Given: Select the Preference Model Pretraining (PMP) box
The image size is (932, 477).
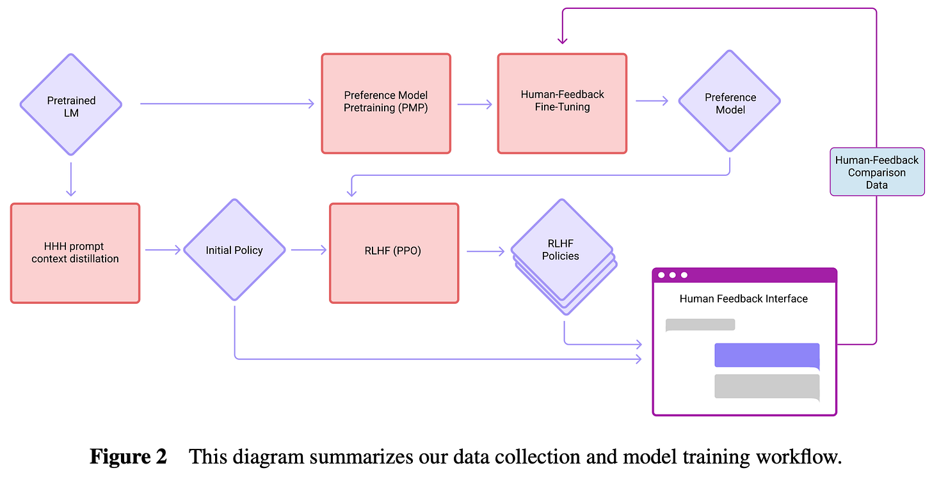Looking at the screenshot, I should point(385,104).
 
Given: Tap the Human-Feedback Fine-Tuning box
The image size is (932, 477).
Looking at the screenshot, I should point(562,104).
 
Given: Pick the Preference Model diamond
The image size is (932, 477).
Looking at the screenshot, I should point(730,104).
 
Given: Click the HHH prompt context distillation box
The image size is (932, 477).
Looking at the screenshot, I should point(75,253).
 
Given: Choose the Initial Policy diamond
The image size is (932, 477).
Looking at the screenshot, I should point(234,250).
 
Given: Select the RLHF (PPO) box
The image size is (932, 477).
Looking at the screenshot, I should point(394,253).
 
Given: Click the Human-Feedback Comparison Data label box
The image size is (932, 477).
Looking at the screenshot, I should point(876,172).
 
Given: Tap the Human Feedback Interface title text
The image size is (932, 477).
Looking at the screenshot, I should point(743,299).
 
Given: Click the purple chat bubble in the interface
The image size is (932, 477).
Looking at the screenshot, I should point(767,356).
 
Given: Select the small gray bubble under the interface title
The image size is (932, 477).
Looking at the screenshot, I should point(700,325).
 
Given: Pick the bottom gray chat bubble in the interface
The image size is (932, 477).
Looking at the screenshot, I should point(767,387).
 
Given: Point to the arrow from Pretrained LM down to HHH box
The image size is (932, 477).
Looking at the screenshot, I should point(70,179).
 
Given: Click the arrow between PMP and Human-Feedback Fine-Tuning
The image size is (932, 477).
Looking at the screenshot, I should point(474,104).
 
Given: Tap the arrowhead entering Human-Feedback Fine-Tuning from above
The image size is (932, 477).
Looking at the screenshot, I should point(562,41).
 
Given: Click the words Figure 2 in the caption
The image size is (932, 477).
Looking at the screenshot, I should point(128,457).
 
